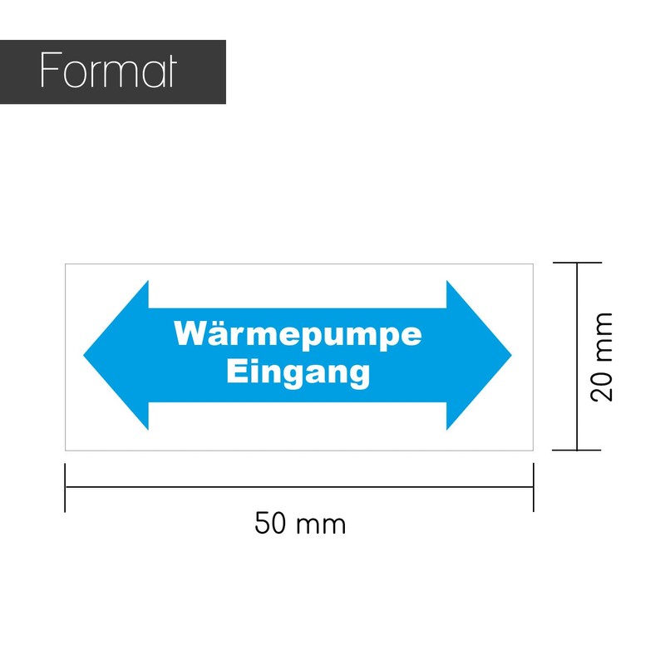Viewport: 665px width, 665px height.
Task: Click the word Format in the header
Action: [x=108, y=70]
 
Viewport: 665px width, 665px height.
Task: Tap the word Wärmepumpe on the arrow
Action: [x=298, y=335]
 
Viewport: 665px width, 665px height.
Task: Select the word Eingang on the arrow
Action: [x=298, y=372]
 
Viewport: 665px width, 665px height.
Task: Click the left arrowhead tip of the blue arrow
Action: [x=84, y=356]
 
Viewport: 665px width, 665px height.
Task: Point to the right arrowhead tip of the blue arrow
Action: [x=511, y=356]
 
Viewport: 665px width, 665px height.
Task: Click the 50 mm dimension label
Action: [x=300, y=524]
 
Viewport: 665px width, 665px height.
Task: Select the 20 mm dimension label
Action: [x=601, y=357]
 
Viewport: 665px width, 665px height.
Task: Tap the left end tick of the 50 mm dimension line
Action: [x=65, y=487]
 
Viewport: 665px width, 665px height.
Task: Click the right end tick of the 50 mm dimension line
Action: [x=533, y=487]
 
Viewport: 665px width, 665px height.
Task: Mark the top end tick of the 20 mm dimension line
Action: [x=577, y=263]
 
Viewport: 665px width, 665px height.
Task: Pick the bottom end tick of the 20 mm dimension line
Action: [x=577, y=450]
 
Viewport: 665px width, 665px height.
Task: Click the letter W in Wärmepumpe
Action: [x=190, y=333]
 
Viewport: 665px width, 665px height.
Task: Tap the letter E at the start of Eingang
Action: [x=235, y=371]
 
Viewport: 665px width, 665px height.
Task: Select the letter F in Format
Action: [x=51, y=70]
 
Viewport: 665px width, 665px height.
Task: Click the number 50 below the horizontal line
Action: [x=269, y=523]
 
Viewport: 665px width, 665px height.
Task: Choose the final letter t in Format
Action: [x=170, y=71]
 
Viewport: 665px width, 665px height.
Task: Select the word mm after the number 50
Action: [x=321, y=526]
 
